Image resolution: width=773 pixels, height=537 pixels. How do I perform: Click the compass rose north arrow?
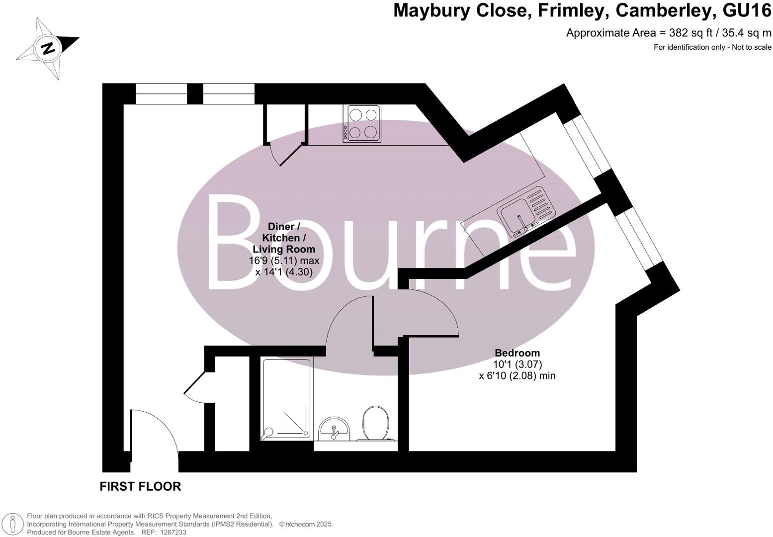(48, 48)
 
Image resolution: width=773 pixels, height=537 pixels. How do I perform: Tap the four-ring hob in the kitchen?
(363, 124)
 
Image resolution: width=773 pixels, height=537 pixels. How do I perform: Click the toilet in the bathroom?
(376, 424)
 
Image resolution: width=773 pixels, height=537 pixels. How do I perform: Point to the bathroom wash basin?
(335, 429)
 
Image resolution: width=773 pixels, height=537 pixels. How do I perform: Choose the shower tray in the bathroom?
(286, 399)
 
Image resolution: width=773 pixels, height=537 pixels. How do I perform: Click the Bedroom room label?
(517, 353)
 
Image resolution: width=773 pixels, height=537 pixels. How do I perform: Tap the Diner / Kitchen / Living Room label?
(284, 238)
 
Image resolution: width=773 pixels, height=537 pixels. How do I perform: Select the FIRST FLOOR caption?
(140, 486)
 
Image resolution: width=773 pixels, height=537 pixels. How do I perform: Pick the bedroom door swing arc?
(430, 313)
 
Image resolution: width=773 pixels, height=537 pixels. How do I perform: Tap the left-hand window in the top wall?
(161, 94)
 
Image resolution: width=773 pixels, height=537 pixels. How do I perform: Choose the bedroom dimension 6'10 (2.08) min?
(517, 376)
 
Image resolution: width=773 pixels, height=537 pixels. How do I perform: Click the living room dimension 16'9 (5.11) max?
(284, 261)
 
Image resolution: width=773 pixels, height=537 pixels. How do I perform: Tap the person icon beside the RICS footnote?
(13, 524)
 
